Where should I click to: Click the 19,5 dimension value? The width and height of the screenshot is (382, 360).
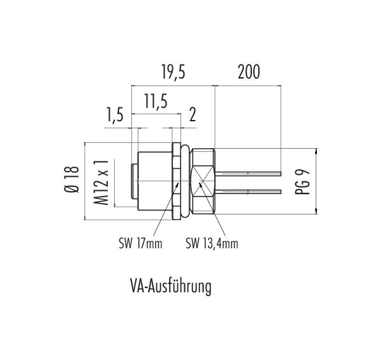(173, 72)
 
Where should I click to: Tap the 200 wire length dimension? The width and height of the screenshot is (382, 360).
(249, 72)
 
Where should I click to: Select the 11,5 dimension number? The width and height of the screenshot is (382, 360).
(156, 101)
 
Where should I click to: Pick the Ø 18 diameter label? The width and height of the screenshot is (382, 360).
(72, 180)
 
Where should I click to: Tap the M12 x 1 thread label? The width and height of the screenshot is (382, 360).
(101, 183)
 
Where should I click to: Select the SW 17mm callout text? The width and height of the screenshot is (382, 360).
(140, 243)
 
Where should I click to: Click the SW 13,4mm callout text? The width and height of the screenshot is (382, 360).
(212, 243)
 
